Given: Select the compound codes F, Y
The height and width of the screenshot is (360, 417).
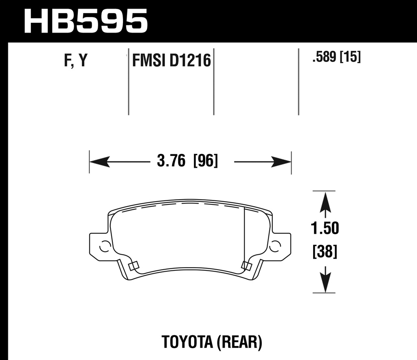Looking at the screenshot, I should (x=76, y=61).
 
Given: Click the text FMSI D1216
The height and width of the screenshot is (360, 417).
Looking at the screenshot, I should (x=171, y=61).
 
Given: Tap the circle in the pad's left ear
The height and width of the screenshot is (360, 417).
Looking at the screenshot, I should (x=105, y=246).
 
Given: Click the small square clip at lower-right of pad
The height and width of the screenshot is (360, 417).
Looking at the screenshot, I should (x=246, y=266).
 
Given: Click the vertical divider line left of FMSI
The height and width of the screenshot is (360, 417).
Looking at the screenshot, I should (x=129, y=81).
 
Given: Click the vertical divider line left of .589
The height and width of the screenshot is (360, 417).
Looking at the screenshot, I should (x=298, y=81).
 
